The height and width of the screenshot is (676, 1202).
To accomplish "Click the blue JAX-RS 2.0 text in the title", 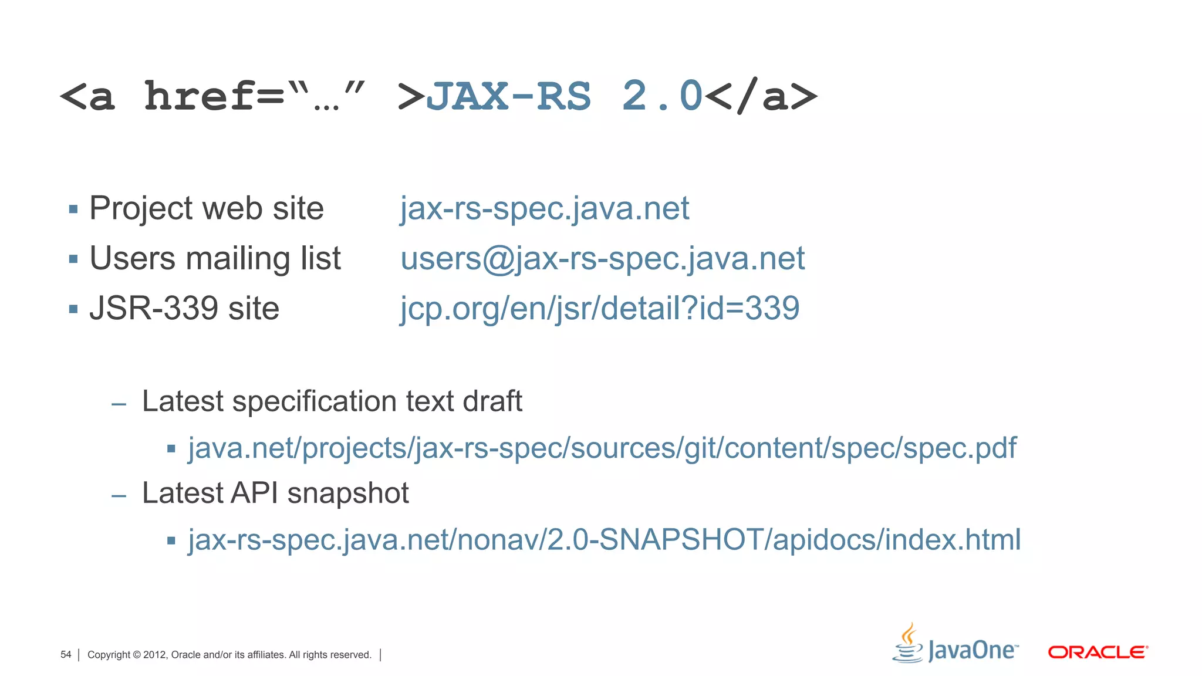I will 563,96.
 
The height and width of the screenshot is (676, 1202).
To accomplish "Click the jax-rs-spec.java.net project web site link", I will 544,208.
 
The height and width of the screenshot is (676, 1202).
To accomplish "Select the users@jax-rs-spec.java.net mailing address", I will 602,258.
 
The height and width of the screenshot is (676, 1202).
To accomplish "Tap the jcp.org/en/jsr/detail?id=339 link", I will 599,308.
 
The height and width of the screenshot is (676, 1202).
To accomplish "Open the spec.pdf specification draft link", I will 602,448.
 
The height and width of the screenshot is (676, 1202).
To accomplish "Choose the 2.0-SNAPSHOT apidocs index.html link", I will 604,540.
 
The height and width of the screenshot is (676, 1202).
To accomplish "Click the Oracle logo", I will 1098,652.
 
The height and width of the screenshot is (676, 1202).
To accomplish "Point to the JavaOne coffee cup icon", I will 908,644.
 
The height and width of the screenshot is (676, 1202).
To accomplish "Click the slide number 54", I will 66,655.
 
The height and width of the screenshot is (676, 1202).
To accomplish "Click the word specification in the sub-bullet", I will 315,402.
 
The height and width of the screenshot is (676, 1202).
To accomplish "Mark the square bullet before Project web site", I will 73,209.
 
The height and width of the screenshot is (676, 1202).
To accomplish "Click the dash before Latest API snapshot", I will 119,496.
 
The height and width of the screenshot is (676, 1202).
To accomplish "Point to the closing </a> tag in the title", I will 761,96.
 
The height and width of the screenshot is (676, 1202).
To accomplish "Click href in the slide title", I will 200,96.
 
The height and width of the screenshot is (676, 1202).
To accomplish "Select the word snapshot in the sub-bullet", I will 348,494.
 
